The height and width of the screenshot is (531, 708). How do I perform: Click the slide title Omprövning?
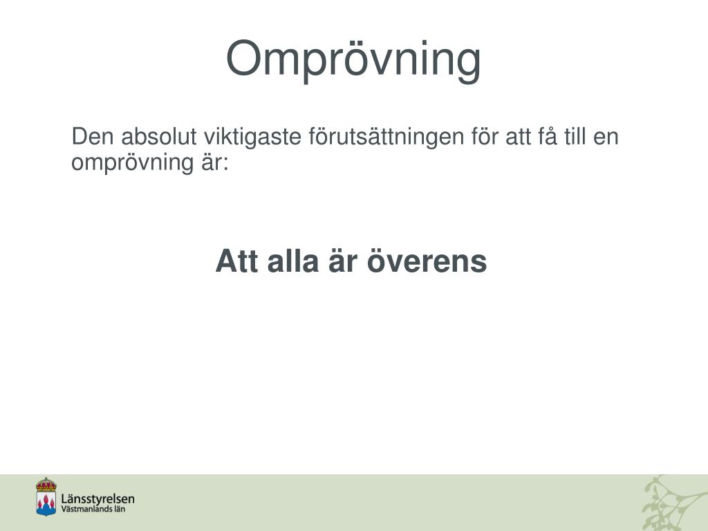click(353, 59)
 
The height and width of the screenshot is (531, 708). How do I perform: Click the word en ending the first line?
click(606, 138)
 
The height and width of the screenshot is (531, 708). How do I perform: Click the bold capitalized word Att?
click(236, 262)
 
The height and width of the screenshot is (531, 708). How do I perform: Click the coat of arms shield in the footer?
click(46, 502)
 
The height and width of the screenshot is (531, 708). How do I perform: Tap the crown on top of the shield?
click(46, 484)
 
